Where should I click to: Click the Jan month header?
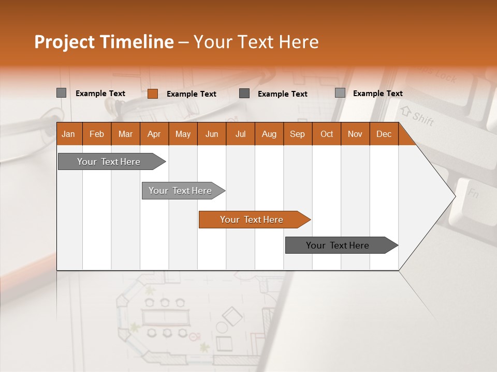click(x=69, y=134)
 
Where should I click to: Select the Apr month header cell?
click(x=154, y=134)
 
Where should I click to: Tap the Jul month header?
click(x=240, y=134)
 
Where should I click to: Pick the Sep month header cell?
click(x=297, y=134)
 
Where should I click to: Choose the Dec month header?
click(x=384, y=134)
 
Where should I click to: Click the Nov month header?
click(x=355, y=134)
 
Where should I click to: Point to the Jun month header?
click(x=211, y=134)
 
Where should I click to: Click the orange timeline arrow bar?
click(x=251, y=220)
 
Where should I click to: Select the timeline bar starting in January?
click(x=109, y=162)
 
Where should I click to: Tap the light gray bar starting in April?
click(x=180, y=191)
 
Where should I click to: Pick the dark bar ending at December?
click(x=338, y=245)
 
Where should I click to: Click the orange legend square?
click(x=152, y=94)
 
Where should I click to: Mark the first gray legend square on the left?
click(x=61, y=93)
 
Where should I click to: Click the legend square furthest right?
click(x=340, y=93)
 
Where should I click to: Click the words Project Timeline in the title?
click(x=104, y=42)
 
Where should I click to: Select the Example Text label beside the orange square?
click(x=191, y=94)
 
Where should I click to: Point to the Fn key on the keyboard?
click(x=473, y=195)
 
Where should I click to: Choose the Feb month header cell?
click(x=97, y=134)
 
